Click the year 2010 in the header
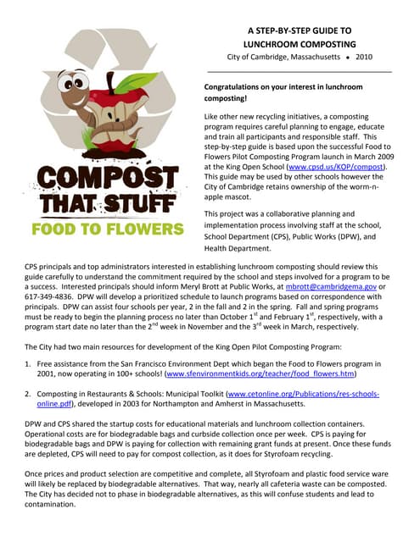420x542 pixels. (363, 57)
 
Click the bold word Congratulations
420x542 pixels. (239, 87)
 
